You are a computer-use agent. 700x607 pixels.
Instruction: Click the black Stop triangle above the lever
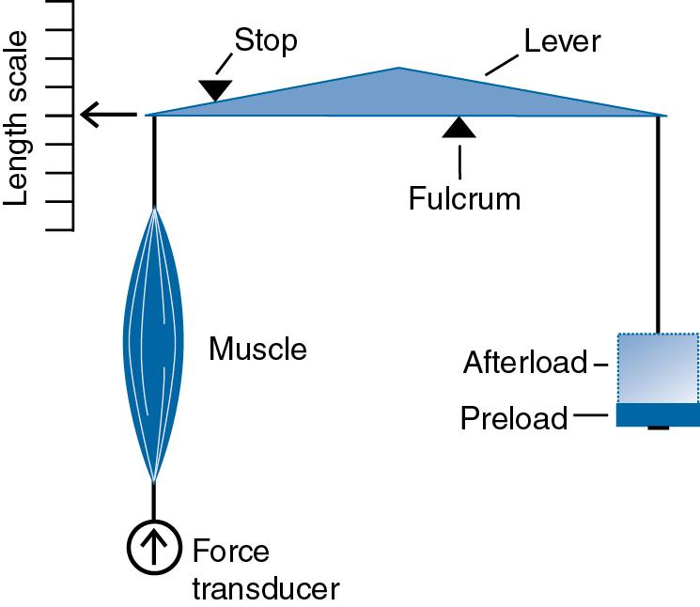[x=215, y=89]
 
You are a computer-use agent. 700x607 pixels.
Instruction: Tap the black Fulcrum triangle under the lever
[x=459, y=128]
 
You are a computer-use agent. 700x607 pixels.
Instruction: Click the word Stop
[x=266, y=40]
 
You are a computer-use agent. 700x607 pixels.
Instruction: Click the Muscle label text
[x=257, y=350]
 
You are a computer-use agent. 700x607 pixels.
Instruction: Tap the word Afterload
[x=524, y=363]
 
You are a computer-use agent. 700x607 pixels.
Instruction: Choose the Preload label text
[x=514, y=418]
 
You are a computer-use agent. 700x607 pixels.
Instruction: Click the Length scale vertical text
[x=18, y=117]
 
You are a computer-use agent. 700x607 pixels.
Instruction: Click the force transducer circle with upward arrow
[x=153, y=547]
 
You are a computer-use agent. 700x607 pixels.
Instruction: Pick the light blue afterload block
[x=657, y=367]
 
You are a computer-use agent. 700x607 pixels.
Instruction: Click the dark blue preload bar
[x=657, y=415]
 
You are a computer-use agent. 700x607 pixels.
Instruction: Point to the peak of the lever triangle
[x=399, y=70]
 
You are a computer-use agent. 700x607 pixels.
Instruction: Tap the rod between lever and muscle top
[x=154, y=160]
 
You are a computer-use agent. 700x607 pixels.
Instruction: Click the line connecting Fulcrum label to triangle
[x=459, y=160]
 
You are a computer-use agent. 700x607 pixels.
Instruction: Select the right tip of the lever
[x=664, y=116]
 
